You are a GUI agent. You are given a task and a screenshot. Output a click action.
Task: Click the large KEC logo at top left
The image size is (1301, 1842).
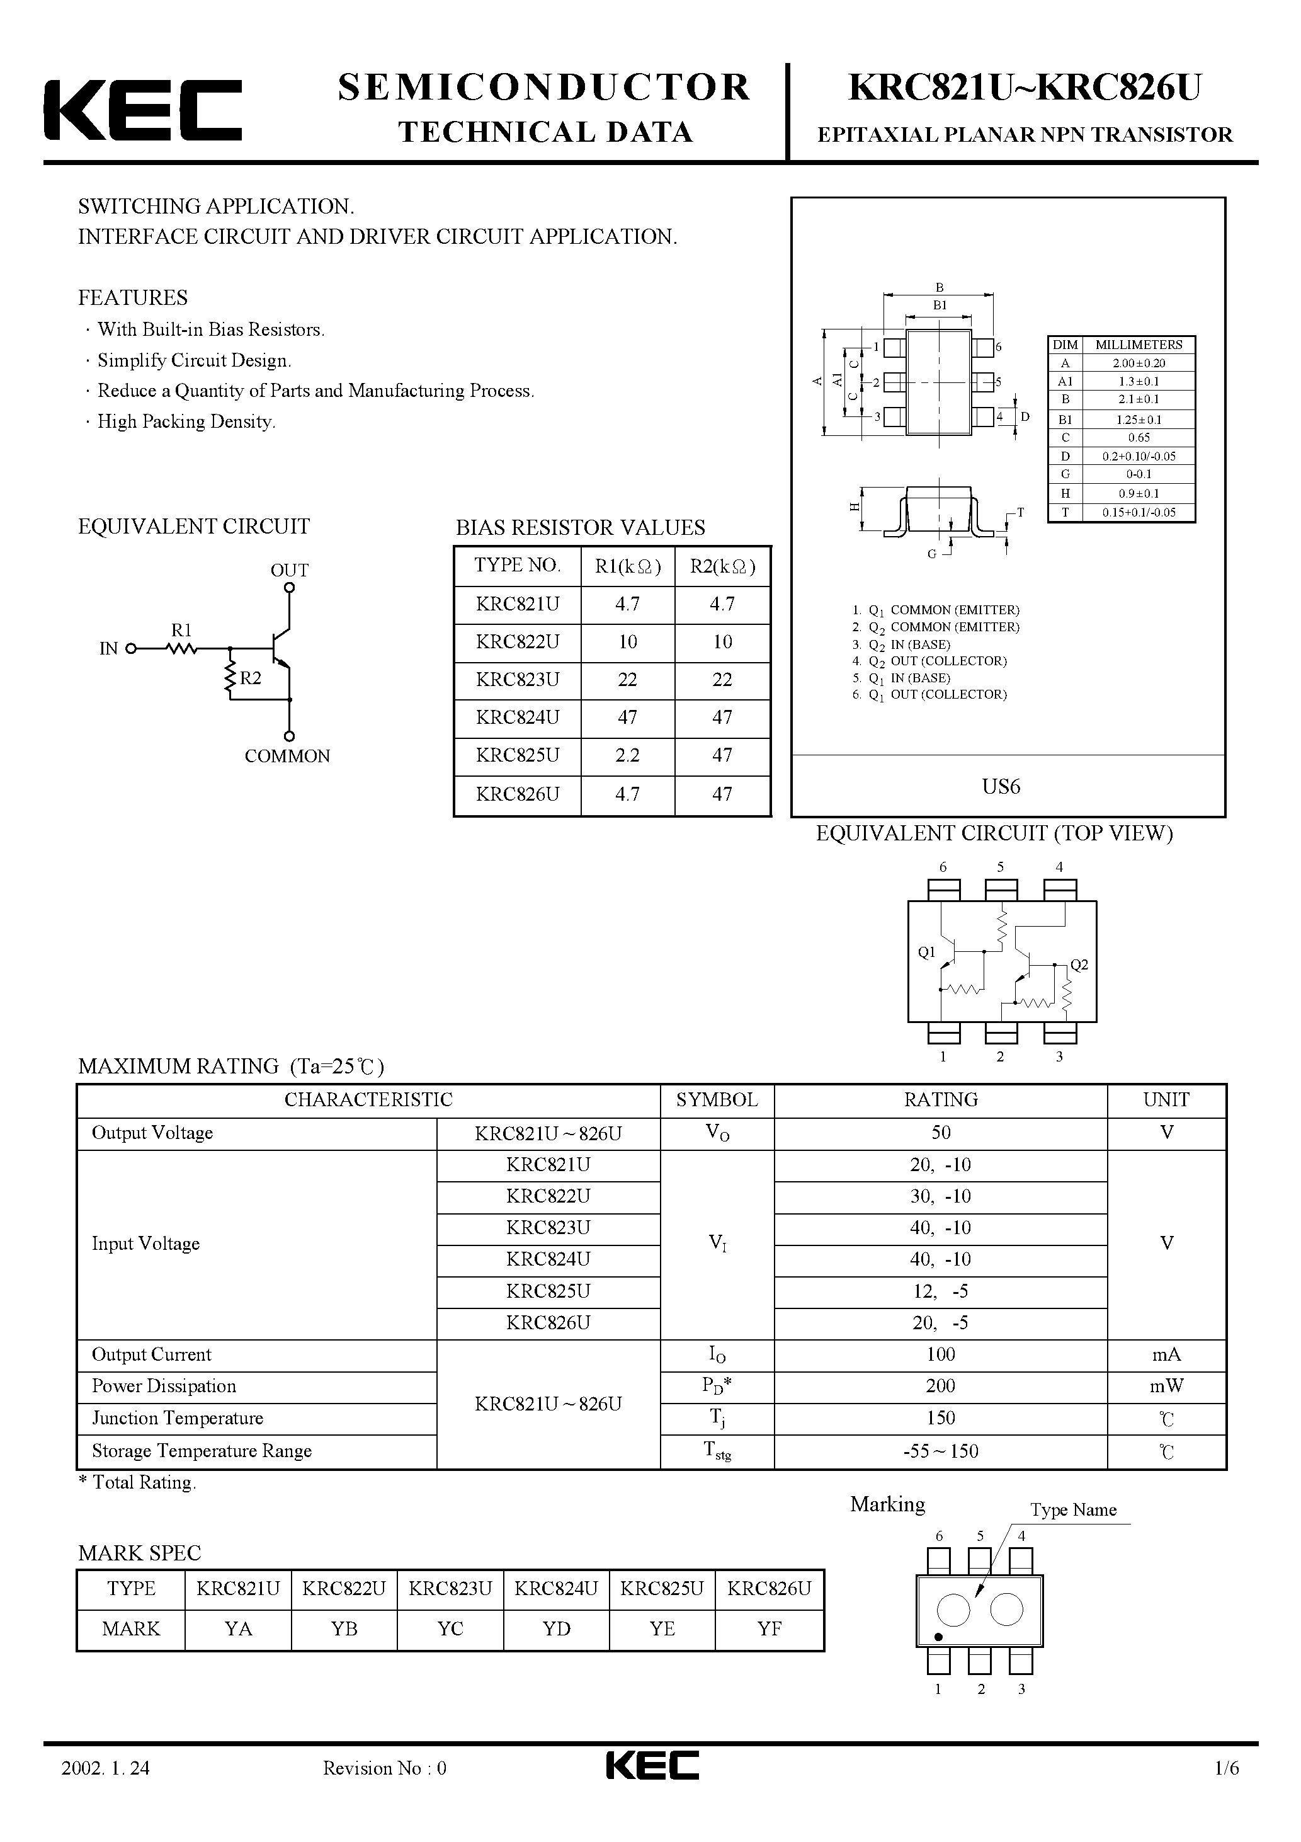143,110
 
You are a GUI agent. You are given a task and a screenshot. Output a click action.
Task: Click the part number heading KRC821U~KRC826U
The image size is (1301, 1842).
1025,88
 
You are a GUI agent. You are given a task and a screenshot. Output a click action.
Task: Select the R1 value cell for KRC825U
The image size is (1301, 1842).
627,755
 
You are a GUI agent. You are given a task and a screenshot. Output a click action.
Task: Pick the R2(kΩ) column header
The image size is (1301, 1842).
722,566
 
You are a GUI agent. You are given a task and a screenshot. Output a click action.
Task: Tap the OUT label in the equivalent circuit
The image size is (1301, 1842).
289,570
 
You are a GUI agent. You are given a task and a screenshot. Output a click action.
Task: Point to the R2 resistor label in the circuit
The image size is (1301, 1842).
251,678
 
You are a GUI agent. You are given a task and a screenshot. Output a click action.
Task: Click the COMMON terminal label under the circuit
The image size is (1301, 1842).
287,756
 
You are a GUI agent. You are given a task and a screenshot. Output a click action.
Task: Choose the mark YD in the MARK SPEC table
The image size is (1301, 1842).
556,1628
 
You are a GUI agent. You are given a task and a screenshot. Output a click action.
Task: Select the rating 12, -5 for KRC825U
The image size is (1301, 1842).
940,1291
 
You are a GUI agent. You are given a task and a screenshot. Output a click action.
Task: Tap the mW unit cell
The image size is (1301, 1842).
1166,1385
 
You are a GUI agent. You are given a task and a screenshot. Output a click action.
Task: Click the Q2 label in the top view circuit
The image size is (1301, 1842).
1079,965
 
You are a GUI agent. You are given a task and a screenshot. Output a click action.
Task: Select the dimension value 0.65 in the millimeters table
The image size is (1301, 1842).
1138,438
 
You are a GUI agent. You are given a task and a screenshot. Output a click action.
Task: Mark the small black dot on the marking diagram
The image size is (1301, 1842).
938,1637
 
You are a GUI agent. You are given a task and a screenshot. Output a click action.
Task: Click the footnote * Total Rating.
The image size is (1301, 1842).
137,1482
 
